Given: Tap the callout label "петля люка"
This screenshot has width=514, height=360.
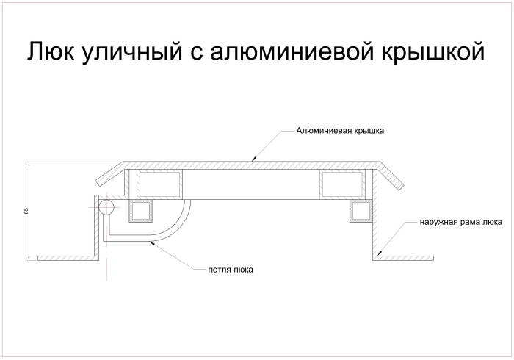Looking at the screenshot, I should point(231,269).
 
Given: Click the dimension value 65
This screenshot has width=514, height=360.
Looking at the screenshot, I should point(26,211).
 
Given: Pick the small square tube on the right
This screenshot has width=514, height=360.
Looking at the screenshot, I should point(361,211).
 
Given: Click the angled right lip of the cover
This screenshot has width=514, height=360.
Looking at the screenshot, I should point(394,176).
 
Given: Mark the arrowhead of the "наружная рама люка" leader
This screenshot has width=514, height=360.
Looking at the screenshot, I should point(380,253).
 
